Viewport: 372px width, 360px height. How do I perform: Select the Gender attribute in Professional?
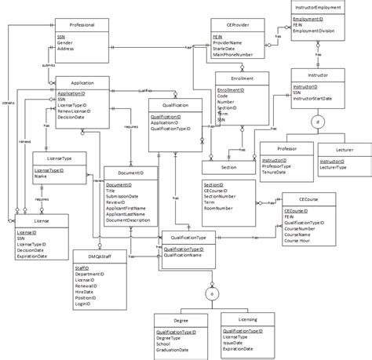tap(65, 42)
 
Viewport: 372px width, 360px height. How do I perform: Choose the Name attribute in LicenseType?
tap(39, 176)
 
